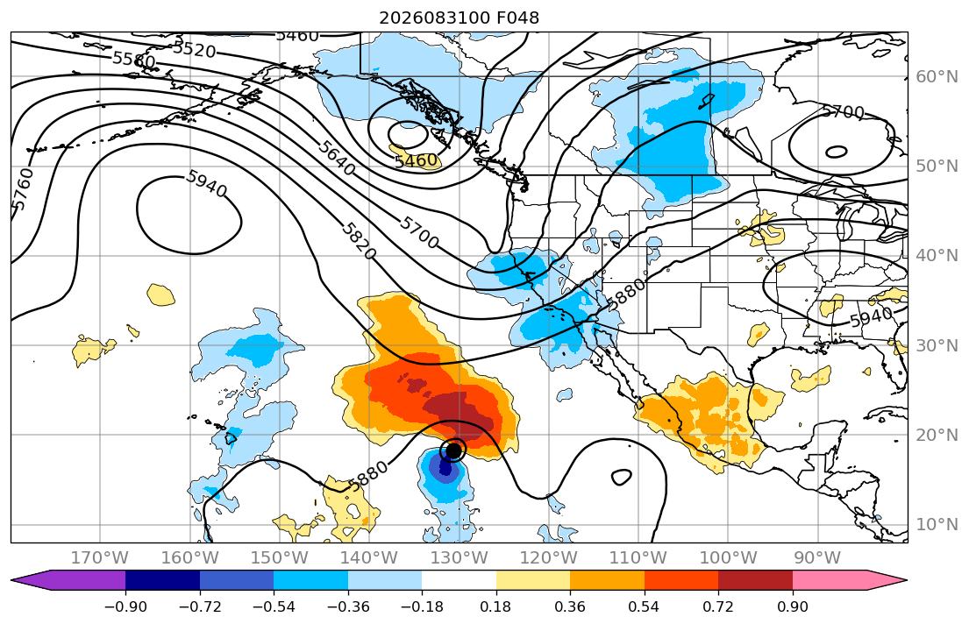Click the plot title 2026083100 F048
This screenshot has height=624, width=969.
coord(460,18)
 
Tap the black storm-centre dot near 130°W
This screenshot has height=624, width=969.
coord(453,450)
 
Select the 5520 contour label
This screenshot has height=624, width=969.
coord(194,49)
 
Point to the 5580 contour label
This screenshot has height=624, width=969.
coord(134,60)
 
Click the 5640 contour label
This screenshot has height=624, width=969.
coord(337,157)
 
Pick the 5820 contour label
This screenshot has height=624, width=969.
coord(359,240)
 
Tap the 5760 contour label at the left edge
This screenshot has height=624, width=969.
coord(23,189)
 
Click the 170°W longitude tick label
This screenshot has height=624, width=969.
coord(100,558)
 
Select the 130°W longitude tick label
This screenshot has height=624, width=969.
coord(460,558)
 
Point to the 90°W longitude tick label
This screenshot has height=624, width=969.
coord(817,558)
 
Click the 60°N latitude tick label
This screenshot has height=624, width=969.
coord(937,76)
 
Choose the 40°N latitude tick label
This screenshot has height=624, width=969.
coord(937,255)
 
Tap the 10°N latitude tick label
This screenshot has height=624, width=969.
coord(937,525)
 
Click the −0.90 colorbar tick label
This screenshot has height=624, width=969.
coord(125,606)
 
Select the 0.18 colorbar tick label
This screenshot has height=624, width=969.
coord(496,606)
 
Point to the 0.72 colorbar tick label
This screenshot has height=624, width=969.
coord(718,606)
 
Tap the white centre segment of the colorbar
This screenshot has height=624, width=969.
coord(460,580)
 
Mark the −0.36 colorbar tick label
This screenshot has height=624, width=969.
coord(348,606)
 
